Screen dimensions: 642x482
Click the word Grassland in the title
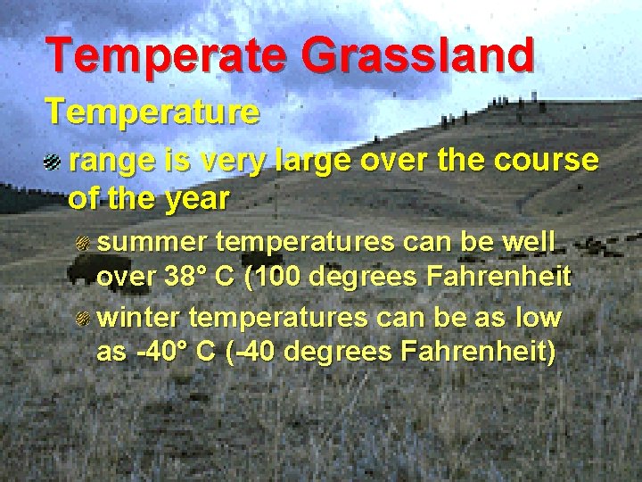click(417, 55)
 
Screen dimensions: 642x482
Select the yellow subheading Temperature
click(152, 112)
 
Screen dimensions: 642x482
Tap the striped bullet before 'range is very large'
click(52, 162)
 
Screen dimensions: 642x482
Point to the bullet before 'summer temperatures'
click(83, 243)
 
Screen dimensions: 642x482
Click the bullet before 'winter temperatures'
click(83, 319)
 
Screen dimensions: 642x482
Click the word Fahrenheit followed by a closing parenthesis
click(477, 352)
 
